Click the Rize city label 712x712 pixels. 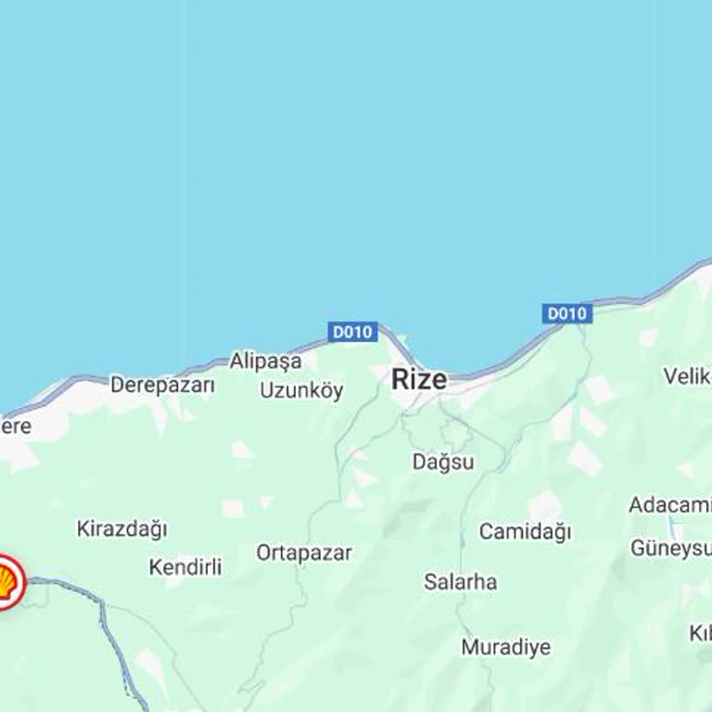[419, 379]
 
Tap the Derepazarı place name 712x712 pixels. [162, 385]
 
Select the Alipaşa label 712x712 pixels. [265, 361]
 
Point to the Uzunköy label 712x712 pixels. [301, 390]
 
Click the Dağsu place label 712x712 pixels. [443, 462]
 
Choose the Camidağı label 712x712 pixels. [525, 532]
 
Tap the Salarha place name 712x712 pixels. [460, 582]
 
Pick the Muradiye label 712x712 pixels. [505, 647]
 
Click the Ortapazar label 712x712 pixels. [304, 553]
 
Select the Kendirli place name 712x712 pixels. [185, 566]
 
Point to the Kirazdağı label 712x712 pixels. [121, 529]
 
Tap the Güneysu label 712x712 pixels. [670, 548]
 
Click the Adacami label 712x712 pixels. [669, 505]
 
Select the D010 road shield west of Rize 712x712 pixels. [352, 332]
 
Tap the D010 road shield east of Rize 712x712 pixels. [566, 313]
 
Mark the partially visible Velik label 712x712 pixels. [686, 376]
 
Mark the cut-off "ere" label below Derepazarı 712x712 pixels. [16, 426]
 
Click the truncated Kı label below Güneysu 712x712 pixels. [699, 633]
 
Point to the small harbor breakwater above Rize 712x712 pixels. [401, 340]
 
